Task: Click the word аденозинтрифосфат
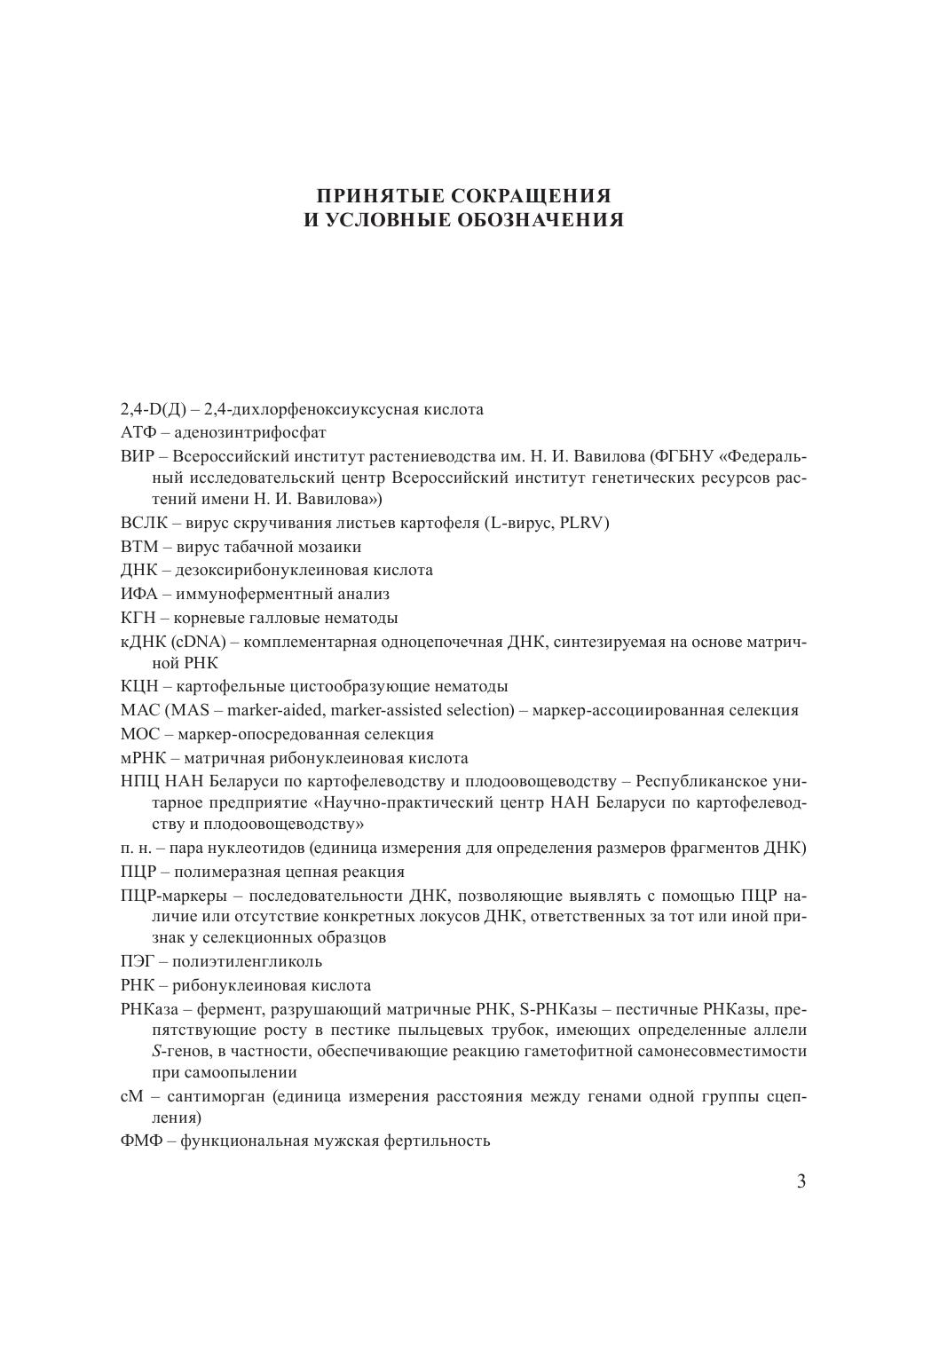click(x=250, y=433)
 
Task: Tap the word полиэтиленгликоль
click(x=248, y=961)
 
